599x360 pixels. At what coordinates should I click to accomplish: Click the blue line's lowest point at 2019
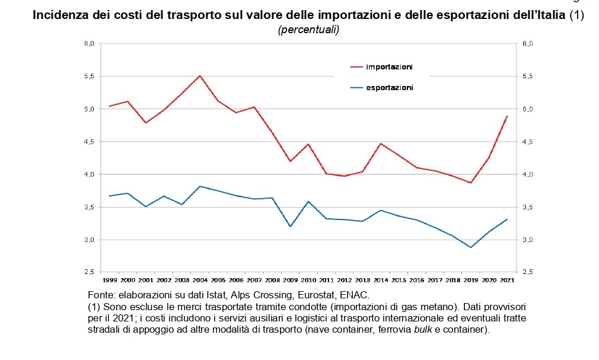pos(471,247)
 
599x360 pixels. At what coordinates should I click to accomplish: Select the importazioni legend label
pos(389,66)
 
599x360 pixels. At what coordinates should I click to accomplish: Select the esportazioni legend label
pos(389,88)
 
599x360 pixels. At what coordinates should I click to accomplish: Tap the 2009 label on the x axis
pos(290,279)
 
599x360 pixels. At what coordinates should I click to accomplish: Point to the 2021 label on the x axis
pos(508,279)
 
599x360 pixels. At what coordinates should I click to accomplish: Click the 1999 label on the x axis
pos(110,279)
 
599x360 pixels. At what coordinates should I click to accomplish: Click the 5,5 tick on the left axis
pos(90,77)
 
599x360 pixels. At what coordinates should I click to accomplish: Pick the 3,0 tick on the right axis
pos(527,240)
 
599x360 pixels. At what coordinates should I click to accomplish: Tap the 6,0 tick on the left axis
pos(90,44)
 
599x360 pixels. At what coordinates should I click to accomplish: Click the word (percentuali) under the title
pos(308,30)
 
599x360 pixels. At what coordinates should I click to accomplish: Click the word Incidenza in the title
pos(59,16)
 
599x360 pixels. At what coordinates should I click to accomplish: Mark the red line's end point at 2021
pos(507,116)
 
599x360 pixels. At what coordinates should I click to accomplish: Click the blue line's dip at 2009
pos(290,227)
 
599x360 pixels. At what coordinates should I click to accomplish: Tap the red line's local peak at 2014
pos(380,144)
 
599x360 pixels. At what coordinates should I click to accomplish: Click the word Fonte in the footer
pos(100,294)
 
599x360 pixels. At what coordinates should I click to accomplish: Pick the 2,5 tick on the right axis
pos(527,272)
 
